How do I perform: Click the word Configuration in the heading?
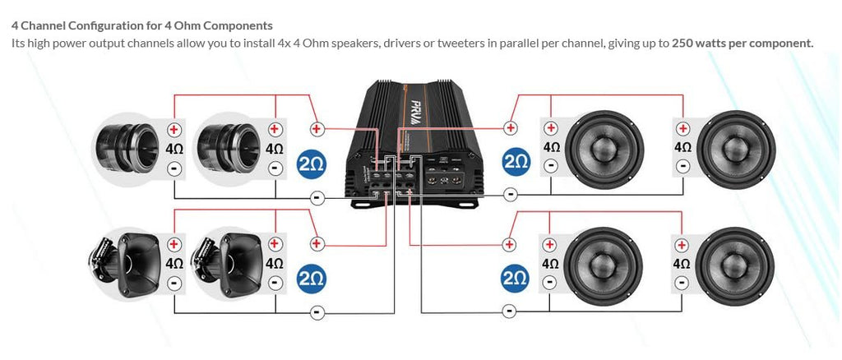coord(102,26)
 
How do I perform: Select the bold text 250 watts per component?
coord(742,43)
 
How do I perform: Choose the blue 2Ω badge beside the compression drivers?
coord(312,162)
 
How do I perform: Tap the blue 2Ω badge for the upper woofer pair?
coord(516,162)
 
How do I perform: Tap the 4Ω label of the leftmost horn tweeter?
coord(174,264)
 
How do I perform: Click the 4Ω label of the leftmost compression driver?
coord(174,150)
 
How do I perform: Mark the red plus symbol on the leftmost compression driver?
coord(174,130)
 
